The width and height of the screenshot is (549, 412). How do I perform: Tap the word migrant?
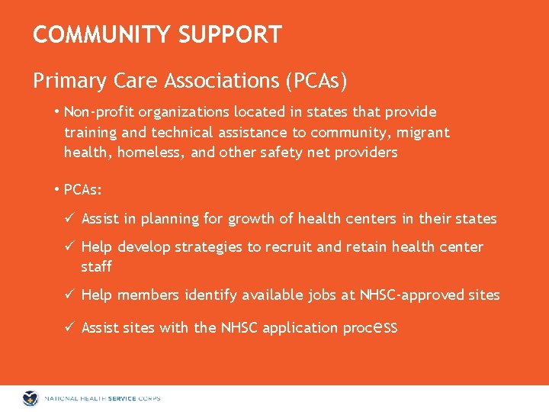point(423,132)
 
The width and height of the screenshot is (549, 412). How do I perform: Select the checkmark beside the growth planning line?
point(69,219)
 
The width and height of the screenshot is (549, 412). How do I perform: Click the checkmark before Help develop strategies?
point(69,246)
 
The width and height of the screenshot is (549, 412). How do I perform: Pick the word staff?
point(96,266)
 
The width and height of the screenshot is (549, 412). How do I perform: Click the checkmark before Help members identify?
point(69,295)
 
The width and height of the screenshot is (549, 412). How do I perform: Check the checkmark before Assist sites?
point(69,327)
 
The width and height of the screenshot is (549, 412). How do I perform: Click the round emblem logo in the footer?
point(31,398)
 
